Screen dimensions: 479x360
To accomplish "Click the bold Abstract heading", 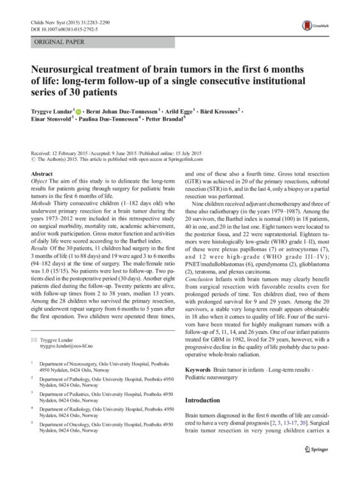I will (42, 174).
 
